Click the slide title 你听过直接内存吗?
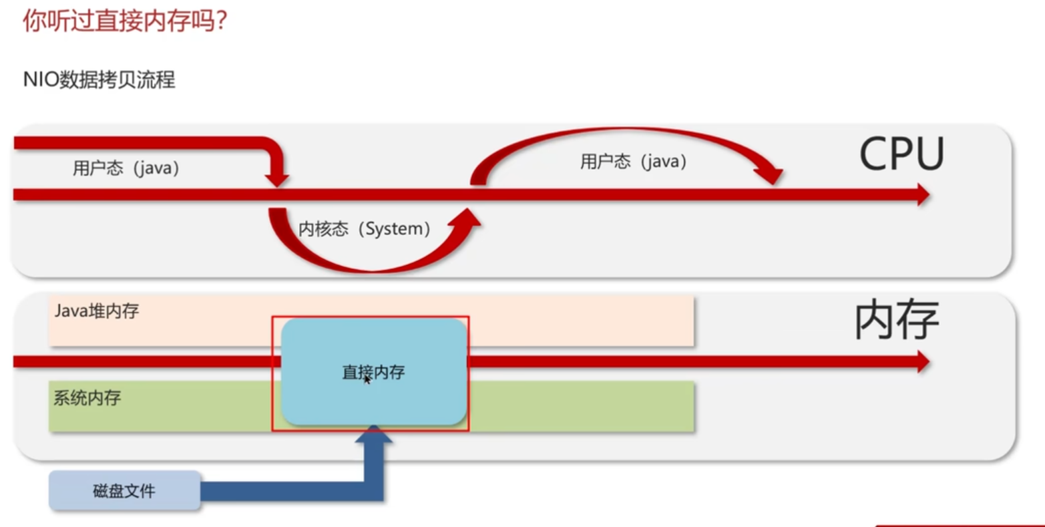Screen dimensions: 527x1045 click(125, 21)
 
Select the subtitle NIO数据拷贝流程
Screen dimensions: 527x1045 click(99, 80)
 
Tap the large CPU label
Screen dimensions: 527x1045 click(901, 154)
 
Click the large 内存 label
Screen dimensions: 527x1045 click(897, 321)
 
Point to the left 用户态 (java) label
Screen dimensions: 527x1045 click(126, 168)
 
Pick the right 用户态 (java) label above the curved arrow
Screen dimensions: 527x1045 click(633, 162)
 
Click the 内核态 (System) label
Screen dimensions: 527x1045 click(364, 229)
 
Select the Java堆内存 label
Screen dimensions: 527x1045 click(97, 311)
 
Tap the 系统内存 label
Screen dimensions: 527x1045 click(87, 398)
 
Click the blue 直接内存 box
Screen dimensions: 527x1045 click(373, 372)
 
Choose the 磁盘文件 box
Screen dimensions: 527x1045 click(124, 491)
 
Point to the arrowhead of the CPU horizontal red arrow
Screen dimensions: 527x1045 click(923, 195)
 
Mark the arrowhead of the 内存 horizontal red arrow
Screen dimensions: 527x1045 click(923, 362)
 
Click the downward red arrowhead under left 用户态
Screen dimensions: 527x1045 click(276, 179)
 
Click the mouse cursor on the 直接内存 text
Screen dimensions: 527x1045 click(367, 379)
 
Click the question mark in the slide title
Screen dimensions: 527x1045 click(222, 21)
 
